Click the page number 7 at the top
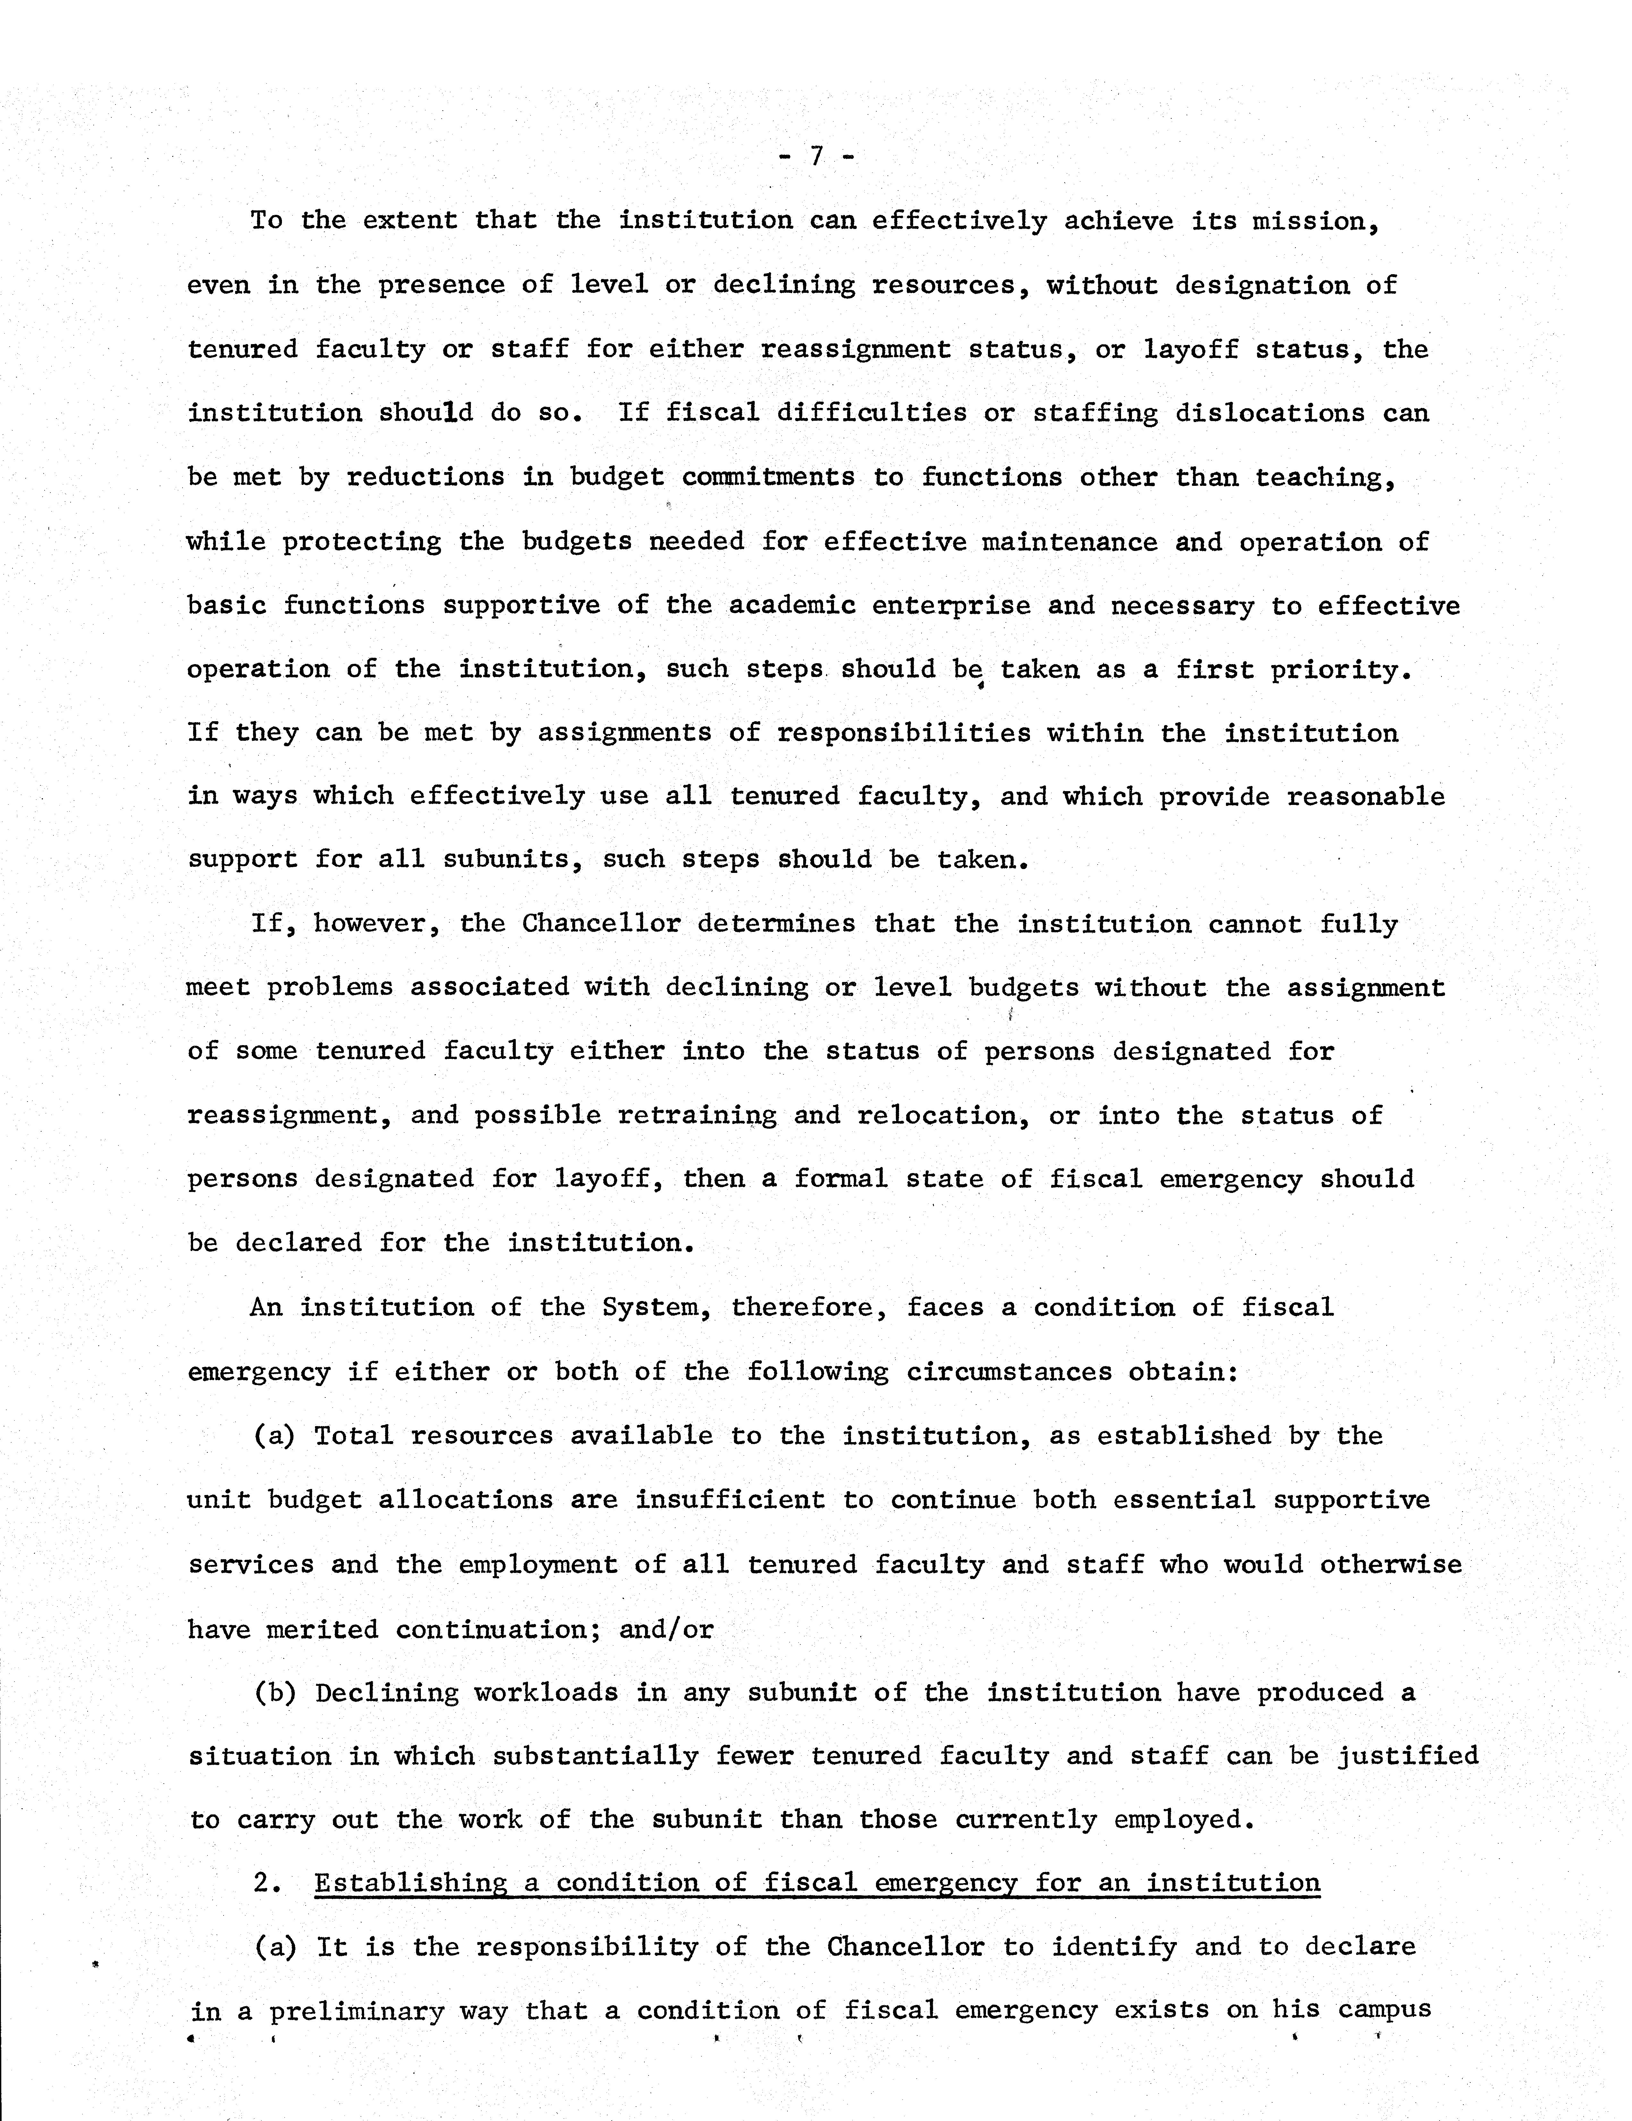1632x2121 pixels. click(x=816, y=156)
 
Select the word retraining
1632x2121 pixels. click(x=696, y=1116)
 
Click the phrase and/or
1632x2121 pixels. click(x=667, y=1630)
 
